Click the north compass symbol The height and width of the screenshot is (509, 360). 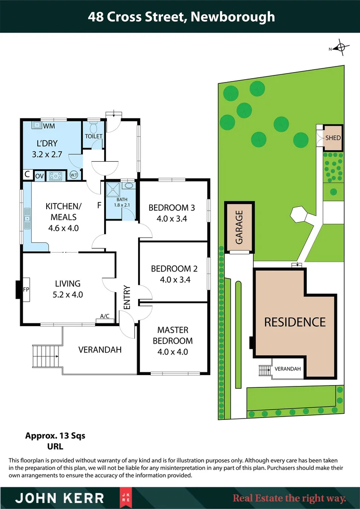(338, 48)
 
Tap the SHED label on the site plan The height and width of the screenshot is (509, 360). (333, 138)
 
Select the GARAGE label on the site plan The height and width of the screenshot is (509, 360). (239, 227)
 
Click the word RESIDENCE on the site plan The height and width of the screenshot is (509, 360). (295, 322)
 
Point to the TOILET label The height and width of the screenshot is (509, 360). (93, 136)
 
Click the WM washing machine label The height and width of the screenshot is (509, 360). (49, 126)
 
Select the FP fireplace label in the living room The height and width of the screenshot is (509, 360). (26, 289)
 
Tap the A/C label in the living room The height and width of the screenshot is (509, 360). (105, 316)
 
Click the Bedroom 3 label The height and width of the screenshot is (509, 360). (172, 207)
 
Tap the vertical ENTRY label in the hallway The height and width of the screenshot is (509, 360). (127, 297)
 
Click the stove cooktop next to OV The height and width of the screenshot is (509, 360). (57, 175)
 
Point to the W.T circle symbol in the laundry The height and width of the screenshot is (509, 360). (74, 175)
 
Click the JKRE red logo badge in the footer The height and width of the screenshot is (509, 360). (124, 498)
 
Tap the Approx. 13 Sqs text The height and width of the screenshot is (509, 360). (55, 435)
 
